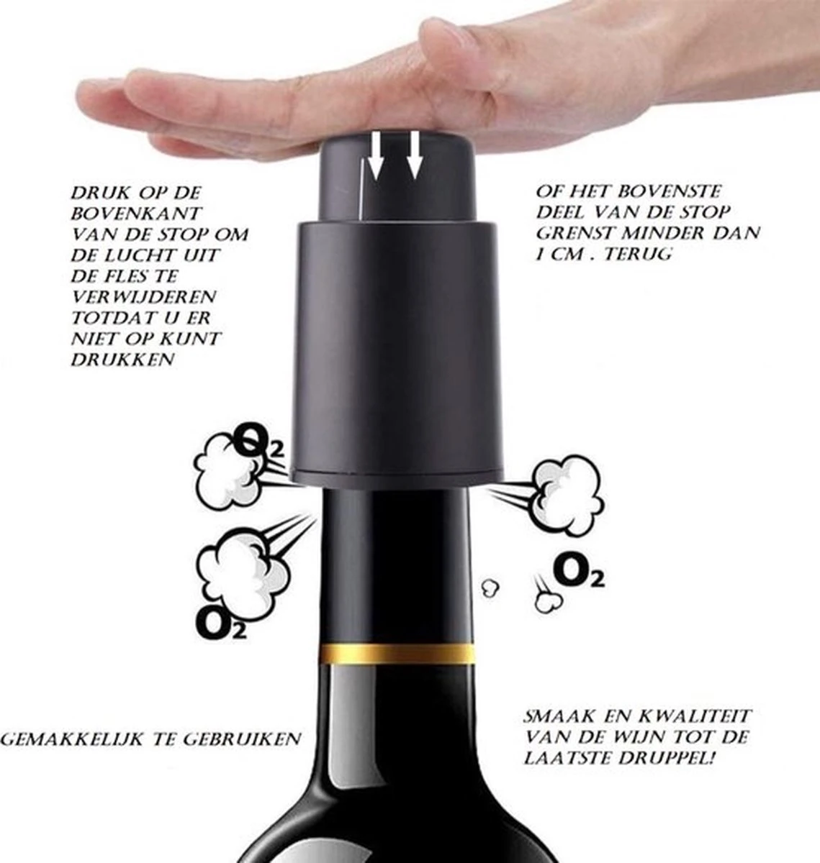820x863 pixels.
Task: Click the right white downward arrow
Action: pos(415,155)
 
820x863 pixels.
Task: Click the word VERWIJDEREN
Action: pos(144,297)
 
